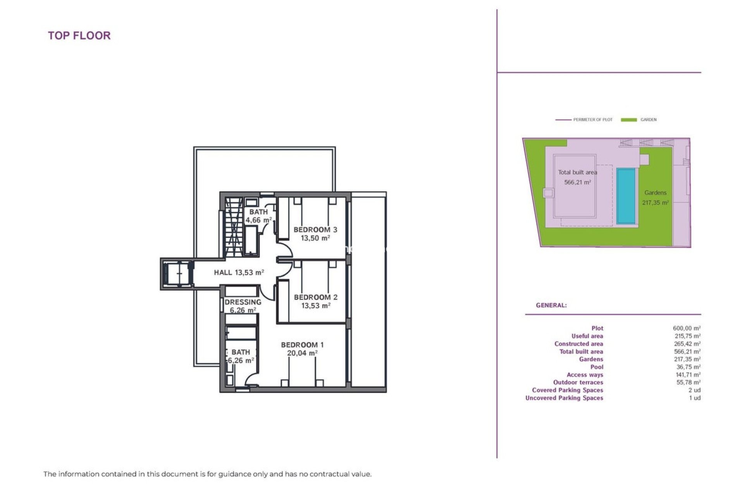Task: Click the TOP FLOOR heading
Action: coord(79,36)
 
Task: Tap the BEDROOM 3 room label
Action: coord(315,230)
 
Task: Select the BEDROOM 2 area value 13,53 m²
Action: coord(315,306)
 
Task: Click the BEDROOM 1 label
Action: coord(302,345)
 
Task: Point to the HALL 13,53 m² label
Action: coord(239,272)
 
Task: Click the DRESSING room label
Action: coord(243,302)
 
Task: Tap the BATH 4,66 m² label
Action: coord(258,216)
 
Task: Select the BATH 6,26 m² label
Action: coord(241,356)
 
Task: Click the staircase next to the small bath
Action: coord(234,227)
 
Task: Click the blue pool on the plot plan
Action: coord(626,196)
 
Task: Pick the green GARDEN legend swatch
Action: coord(629,120)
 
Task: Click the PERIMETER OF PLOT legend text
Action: coord(592,120)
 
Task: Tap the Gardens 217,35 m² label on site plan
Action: coord(655,197)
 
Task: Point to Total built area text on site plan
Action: coord(577,172)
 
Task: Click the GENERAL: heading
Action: coord(551,305)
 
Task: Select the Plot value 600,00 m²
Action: coord(686,328)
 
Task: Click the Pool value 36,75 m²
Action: coord(688,367)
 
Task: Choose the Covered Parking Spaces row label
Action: coord(567,390)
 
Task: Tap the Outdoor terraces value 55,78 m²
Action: coord(688,382)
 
